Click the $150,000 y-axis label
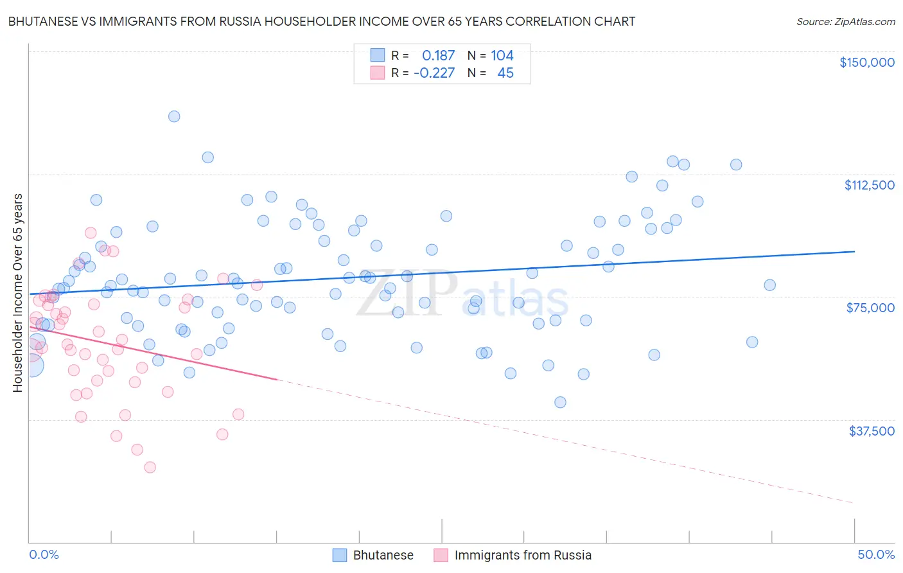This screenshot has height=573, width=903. [x=866, y=62]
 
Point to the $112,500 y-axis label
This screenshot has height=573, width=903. [x=869, y=185]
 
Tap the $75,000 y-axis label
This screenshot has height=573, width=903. [x=870, y=308]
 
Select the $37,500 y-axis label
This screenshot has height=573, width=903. [x=871, y=431]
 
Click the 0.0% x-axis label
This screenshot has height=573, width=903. [x=44, y=554]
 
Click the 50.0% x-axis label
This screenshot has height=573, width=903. [x=876, y=554]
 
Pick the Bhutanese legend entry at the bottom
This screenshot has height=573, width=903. [x=383, y=555]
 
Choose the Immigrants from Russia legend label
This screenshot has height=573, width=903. [x=523, y=555]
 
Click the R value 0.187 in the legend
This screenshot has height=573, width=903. [x=438, y=56]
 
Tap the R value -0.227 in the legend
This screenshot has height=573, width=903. [x=434, y=73]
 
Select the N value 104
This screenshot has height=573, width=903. [x=502, y=56]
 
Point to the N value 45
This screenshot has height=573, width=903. [x=505, y=73]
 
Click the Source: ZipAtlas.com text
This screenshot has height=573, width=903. [x=846, y=22]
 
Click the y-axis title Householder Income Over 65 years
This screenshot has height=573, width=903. [x=18, y=293]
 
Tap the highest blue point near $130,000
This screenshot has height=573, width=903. [x=174, y=116]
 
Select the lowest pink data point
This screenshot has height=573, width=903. [x=150, y=467]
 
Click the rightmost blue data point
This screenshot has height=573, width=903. [x=769, y=285]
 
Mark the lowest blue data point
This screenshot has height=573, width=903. [x=560, y=402]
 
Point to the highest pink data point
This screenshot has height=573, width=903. [x=91, y=233]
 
